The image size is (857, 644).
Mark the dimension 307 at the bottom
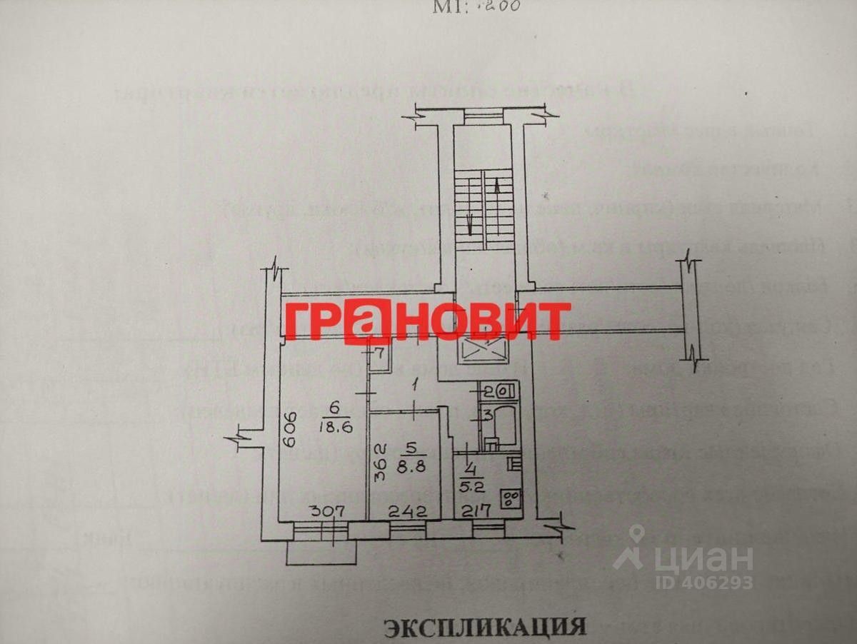tap(327, 511)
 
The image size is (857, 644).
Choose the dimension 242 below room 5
tap(407, 511)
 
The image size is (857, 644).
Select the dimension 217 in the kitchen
tap(476, 511)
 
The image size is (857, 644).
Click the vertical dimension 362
tap(380, 462)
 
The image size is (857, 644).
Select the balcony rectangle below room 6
tap(321, 553)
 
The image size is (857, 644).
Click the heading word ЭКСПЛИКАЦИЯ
tap(485, 628)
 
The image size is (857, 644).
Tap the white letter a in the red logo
tap(366, 321)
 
